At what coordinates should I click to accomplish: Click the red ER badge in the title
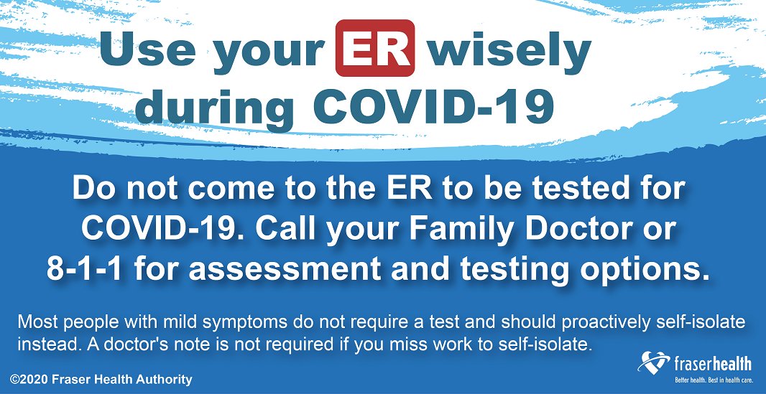click(374, 47)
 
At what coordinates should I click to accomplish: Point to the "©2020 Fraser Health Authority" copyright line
click(101, 379)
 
